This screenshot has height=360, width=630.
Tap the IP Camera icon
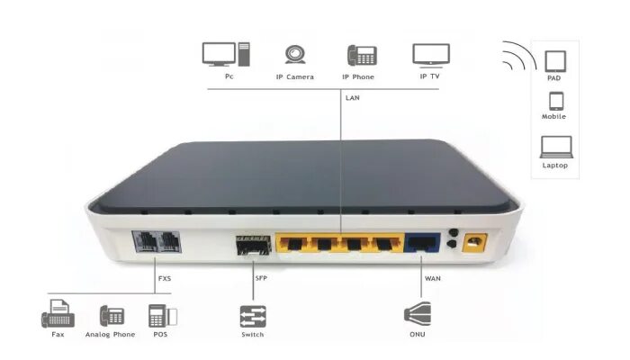click(293, 54)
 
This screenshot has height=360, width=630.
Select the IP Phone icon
click(361, 54)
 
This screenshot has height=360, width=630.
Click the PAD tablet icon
click(553, 60)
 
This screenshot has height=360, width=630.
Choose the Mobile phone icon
click(553, 101)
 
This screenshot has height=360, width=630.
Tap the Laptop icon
click(553, 147)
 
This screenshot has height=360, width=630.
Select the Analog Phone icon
click(111, 317)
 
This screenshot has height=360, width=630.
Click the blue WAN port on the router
click(420, 243)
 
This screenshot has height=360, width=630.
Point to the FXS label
click(164, 278)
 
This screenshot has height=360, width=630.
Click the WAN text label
click(433, 278)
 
